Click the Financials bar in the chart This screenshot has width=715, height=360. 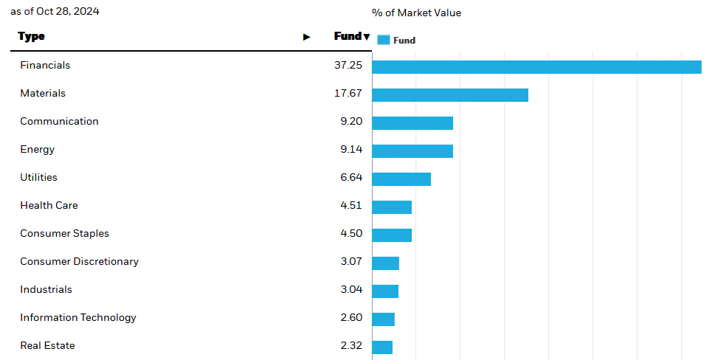pyautogui.click(x=536, y=67)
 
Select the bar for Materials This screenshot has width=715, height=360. pyautogui.click(x=450, y=95)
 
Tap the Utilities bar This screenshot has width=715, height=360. pyautogui.click(x=401, y=179)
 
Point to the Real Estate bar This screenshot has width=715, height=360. pyautogui.click(x=382, y=347)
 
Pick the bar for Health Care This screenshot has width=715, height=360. pyautogui.click(x=392, y=207)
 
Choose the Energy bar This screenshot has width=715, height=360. pyautogui.click(x=412, y=151)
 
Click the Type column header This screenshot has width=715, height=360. pyautogui.click(x=32, y=37)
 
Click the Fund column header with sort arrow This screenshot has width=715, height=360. pyautogui.click(x=351, y=37)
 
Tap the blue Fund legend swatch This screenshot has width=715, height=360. pyautogui.click(x=383, y=41)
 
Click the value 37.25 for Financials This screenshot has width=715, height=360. pyautogui.click(x=348, y=66)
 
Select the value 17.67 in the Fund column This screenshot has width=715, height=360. pyautogui.click(x=348, y=94)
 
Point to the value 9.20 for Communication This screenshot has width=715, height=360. pyautogui.click(x=350, y=122)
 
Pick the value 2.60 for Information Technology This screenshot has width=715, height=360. pyautogui.click(x=350, y=318)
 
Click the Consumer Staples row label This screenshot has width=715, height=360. pyautogui.click(x=64, y=234)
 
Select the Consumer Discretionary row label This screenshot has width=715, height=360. pyautogui.click(x=79, y=262)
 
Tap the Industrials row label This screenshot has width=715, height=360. pyautogui.click(x=46, y=290)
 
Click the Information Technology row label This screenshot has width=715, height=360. pyautogui.click(x=78, y=318)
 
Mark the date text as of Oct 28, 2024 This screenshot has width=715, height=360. pyautogui.click(x=55, y=12)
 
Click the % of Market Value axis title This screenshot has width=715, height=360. pyautogui.click(x=416, y=13)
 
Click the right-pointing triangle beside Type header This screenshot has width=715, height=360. pyautogui.click(x=307, y=37)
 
